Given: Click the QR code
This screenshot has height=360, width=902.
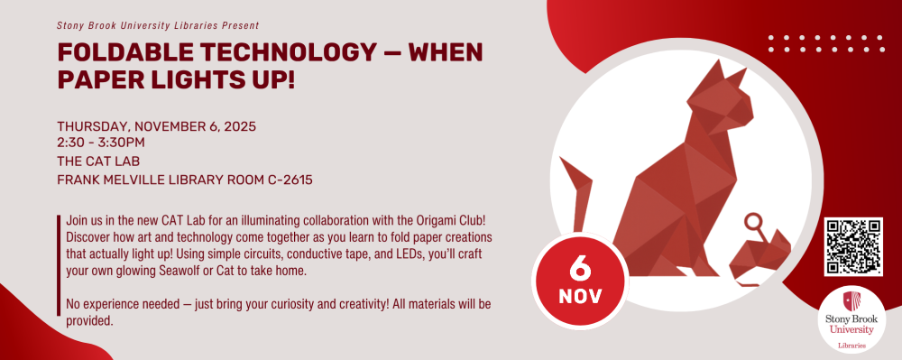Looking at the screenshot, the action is coord(853,246).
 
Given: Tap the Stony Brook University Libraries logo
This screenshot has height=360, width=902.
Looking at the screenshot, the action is coord(852,319).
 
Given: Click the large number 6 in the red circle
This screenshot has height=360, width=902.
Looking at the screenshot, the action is coord(580,265).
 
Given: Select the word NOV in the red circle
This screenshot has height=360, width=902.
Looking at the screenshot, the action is coord(580,297).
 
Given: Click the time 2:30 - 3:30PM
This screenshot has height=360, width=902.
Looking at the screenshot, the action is coord(101,142).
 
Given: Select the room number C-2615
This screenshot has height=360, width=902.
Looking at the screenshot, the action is coord(290,180).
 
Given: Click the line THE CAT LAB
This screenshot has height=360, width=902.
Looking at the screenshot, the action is coord(98,161).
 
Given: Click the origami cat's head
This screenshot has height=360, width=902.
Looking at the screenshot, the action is coord(720,97).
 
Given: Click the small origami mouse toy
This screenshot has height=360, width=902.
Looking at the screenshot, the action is coord(760,254).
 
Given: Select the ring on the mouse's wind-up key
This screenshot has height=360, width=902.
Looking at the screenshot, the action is coord(753,221).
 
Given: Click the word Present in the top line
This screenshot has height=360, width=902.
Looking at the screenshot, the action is coord(241,25).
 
